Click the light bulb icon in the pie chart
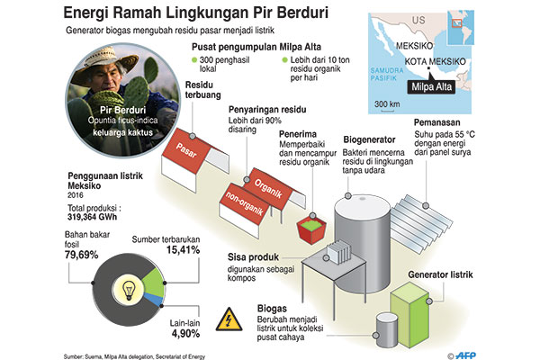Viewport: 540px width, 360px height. tap(129, 290)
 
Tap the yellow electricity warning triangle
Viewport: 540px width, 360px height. tap(229, 319)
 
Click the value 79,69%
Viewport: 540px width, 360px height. tap(82, 255)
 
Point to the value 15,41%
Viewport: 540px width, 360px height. tap(184, 250)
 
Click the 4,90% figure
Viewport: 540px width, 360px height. tap(186, 334)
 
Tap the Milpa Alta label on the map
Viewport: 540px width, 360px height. tap(431, 86)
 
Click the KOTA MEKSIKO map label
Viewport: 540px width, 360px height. tap(435, 62)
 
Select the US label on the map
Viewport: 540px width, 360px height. tap(418, 21)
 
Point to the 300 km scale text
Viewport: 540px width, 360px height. tap(387, 103)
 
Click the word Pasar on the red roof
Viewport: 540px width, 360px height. tap(186, 150)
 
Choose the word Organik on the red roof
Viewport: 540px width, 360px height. tap(268, 188)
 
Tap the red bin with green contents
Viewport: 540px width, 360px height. tap(311, 229)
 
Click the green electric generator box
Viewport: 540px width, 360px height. tap(410, 314)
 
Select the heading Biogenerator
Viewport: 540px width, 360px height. tap(369, 139)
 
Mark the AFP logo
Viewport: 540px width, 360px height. tap(465, 355)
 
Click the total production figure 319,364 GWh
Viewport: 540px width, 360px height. tap(93, 217)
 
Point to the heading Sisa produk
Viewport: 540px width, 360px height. tap(253, 257)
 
